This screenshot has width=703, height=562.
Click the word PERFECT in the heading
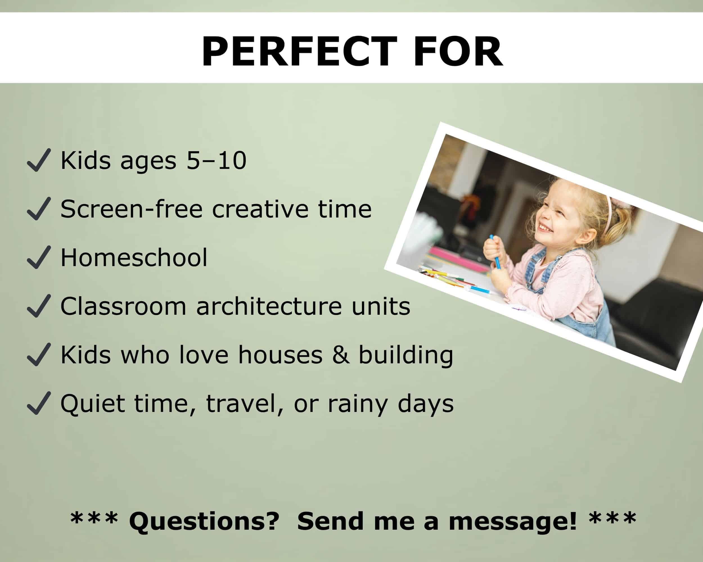coord(299,51)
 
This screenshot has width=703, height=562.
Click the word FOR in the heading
coord(458,51)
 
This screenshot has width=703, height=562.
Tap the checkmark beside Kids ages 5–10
coord(39,160)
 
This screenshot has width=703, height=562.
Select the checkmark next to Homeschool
coord(39,257)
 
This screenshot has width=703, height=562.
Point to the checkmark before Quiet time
coord(39,403)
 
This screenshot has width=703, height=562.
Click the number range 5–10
coord(216,161)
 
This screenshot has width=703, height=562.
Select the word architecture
coord(269,306)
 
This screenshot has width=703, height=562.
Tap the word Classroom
coord(123,306)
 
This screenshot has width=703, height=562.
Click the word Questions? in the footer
coord(204,521)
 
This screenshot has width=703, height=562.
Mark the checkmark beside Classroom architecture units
coord(39,306)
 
